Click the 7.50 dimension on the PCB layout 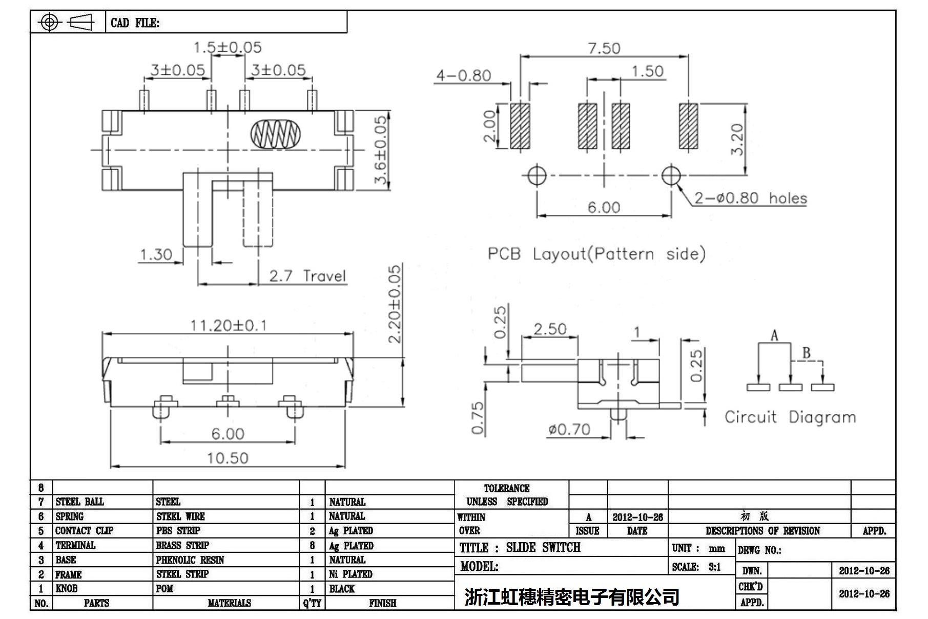pos(604,48)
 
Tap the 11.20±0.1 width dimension pos(228,326)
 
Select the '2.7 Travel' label pos(307,276)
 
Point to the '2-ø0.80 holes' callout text pos(751,198)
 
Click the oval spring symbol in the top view pos(275,134)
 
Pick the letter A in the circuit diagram pos(774,336)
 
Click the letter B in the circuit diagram pos(806,353)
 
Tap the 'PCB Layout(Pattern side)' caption pos(596,254)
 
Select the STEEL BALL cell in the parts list pos(79,502)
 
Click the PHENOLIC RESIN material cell pos(190,560)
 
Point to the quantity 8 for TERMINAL pos(312,546)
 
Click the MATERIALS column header pos(229,603)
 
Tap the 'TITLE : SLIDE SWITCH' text pos(520,548)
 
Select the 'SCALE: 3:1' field pos(696,567)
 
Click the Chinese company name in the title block pos(572,596)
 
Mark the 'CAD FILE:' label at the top pos(135,23)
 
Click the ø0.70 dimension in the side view pos(569,429)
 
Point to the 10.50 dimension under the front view pos(228,457)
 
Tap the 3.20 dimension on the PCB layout pos(736,139)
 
